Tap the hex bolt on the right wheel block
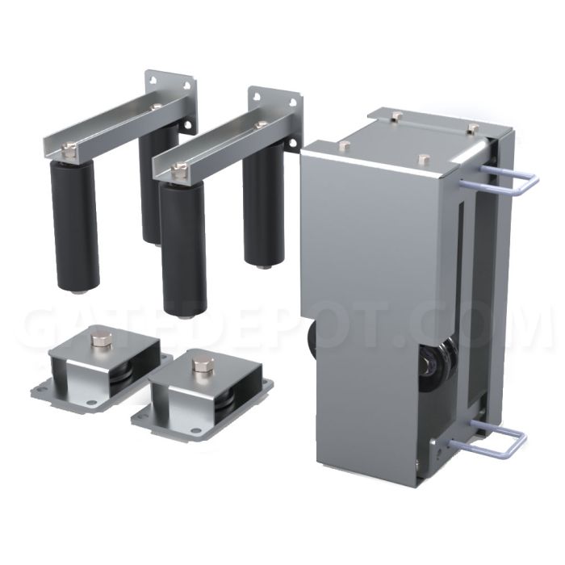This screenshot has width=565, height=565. point(201,365)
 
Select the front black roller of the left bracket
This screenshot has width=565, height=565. point(74,225)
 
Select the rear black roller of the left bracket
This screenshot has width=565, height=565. point(158,184)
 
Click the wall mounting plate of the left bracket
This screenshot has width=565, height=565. point(170,100)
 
